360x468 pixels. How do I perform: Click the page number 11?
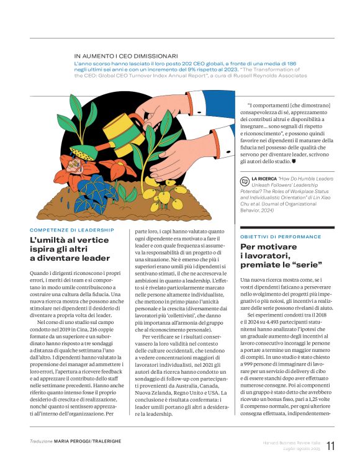(x=330, y=446)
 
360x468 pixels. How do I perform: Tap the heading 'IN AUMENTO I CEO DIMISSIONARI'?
(x=126, y=56)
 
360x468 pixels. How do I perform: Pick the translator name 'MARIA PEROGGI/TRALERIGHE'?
(x=88, y=441)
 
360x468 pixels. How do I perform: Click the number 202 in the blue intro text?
(x=191, y=64)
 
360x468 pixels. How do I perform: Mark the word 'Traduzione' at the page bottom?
(x=41, y=441)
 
